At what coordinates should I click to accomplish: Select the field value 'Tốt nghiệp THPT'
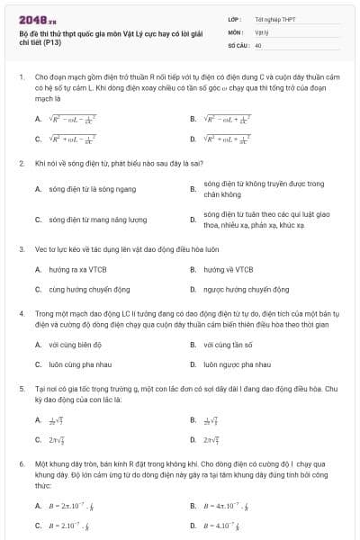click(274, 18)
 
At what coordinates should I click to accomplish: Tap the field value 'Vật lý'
click(261, 31)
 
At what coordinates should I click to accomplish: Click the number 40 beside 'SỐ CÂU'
click(258, 44)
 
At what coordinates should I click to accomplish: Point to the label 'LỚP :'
click(235, 18)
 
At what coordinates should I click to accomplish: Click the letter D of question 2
click(193, 219)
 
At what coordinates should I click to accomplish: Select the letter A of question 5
click(38, 419)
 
